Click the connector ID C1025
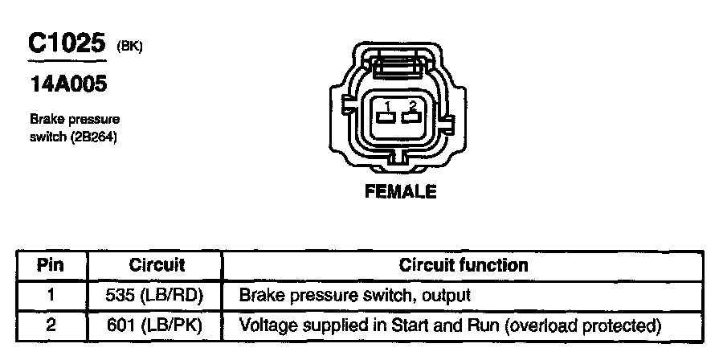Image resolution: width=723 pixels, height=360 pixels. click(67, 44)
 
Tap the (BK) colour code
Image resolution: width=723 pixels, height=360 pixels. click(129, 47)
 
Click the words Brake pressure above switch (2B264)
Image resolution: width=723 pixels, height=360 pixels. click(75, 119)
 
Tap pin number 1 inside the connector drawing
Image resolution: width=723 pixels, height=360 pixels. click(387, 106)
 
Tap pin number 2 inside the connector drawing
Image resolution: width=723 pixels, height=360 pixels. click(412, 106)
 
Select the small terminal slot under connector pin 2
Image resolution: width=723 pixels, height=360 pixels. click(412, 118)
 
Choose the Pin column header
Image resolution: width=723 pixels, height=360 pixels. click(51, 264)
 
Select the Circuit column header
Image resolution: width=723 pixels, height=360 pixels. click(157, 264)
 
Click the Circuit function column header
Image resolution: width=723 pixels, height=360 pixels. click(464, 264)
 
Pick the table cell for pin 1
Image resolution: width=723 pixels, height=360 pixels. click(51, 295)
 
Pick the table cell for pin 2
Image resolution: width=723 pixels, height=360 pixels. click(51, 325)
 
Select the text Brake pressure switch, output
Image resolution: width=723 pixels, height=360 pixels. click(354, 295)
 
